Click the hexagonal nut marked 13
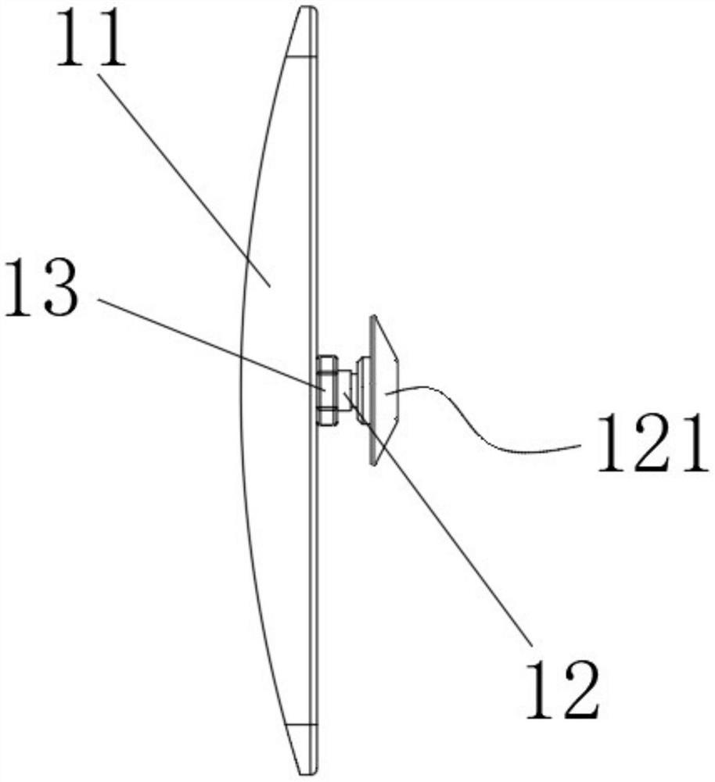click(327, 389)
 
